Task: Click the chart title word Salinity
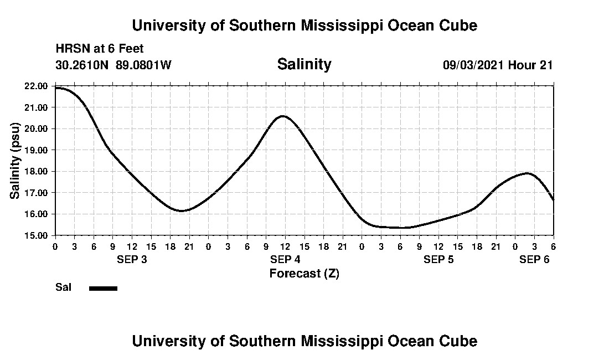pos(304,64)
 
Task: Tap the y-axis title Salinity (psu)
pos(15,161)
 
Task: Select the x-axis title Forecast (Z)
pos(304,273)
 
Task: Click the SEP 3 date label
pos(132,260)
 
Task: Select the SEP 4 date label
pos(285,260)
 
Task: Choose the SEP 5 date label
pos(438,260)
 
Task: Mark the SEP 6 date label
pos(534,260)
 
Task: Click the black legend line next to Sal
pos(103,288)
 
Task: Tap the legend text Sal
pos(63,287)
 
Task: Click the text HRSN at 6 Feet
pos(100,49)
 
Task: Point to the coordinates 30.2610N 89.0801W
pos(113,65)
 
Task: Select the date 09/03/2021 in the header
pos(473,65)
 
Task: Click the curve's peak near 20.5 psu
pos(283,116)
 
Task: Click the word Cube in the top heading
pos(460,25)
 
